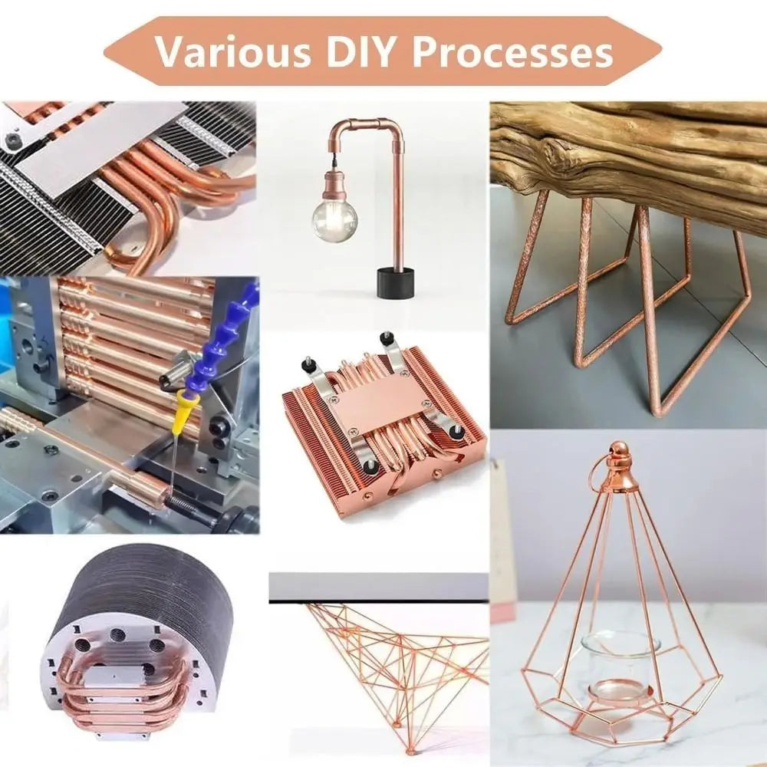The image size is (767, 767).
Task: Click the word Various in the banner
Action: click(x=233, y=51)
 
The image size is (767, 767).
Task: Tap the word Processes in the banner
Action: click(x=512, y=52)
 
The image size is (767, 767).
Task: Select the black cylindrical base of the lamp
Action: click(x=396, y=282)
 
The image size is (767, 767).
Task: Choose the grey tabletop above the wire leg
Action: click(x=378, y=588)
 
